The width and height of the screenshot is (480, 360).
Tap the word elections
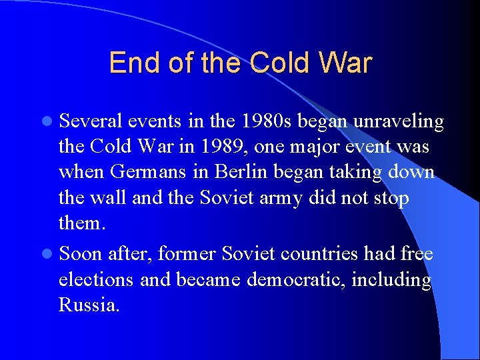coord(97,279)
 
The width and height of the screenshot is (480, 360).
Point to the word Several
coord(90,121)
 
